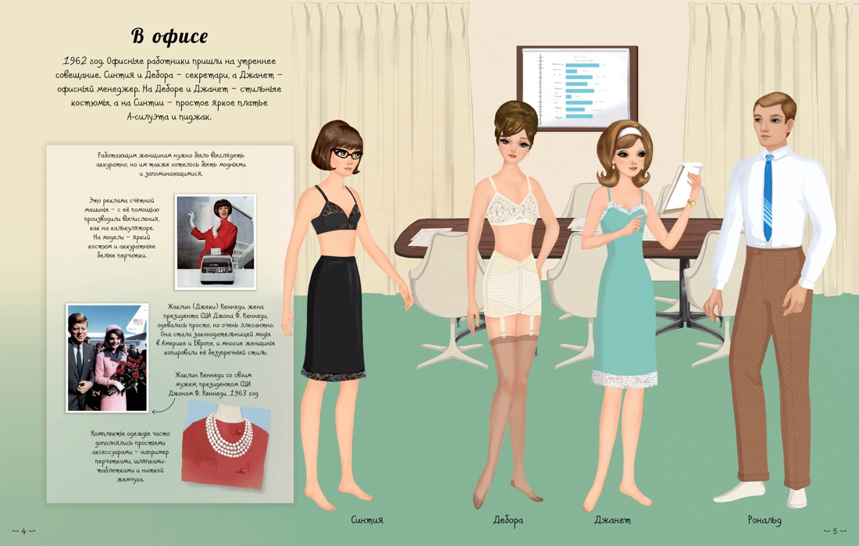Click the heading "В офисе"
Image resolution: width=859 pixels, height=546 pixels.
169,36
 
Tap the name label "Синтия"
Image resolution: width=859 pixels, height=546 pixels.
367,519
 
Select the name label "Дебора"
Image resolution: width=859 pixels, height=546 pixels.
508,520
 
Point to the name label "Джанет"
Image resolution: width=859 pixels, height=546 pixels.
612,519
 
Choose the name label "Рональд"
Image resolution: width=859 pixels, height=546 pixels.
765,519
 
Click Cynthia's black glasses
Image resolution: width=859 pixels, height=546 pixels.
346,154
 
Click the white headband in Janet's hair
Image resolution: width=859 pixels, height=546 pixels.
629,133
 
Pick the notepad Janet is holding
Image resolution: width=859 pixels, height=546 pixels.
681,187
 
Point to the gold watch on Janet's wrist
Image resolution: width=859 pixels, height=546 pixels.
691,203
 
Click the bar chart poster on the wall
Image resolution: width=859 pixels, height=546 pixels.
577,87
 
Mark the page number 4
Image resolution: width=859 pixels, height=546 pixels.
23,530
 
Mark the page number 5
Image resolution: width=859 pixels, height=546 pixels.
835,530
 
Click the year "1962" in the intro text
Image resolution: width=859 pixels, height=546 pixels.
73,61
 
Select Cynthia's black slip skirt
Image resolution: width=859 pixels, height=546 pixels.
334,317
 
